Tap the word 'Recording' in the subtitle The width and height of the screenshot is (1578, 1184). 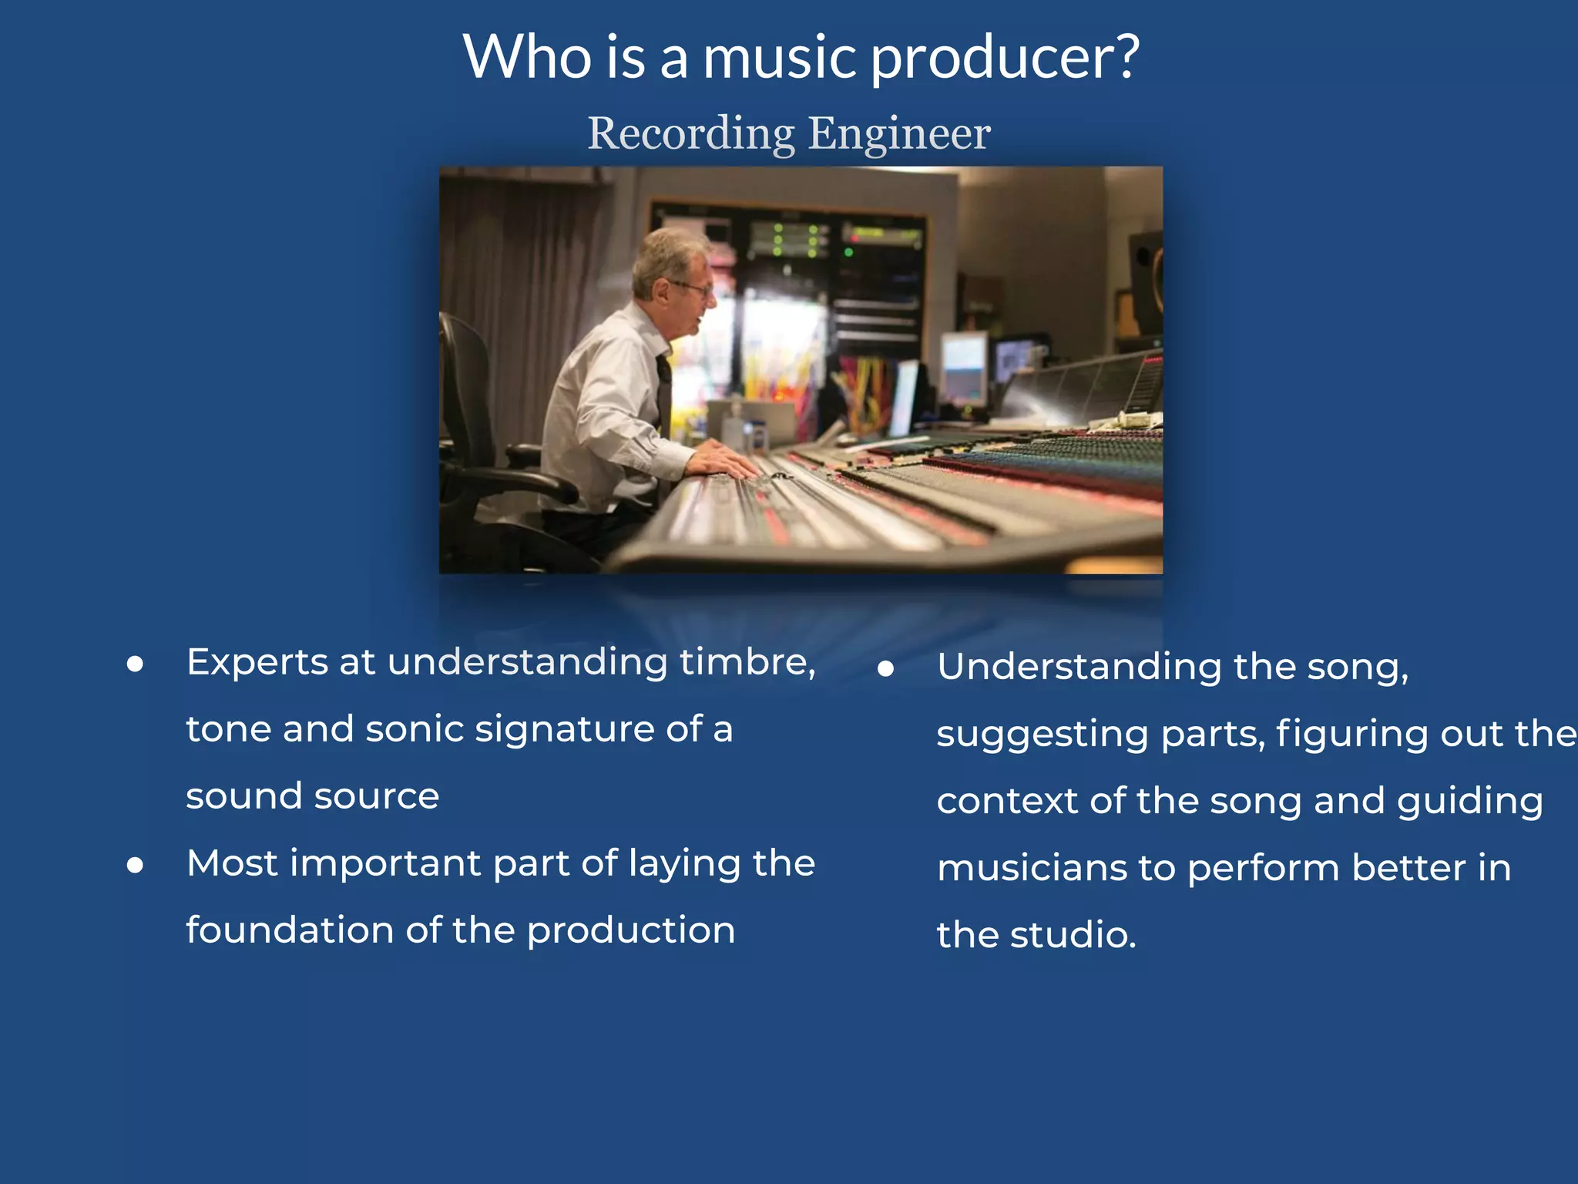pyautogui.click(x=691, y=134)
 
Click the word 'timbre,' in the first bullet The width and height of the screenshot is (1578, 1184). pyautogui.click(x=747, y=661)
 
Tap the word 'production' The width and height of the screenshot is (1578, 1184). pyautogui.click(x=631, y=931)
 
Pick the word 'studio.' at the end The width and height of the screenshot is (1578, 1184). pyautogui.click(x=1073, y=935)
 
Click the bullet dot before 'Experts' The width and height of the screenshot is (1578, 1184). pyautogui.click(x=136, y=664)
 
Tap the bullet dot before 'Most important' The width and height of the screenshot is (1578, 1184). pyautogui.click(x=136, y=865)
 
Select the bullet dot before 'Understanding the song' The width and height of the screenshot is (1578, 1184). pyautogui.click(x=886, y=668)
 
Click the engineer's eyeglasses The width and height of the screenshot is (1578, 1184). pyautogui.click(x=693, y=289)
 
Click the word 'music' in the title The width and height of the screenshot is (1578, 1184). pyautogui.click(x=780, y=59)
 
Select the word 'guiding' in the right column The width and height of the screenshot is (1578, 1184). pyautogui.click(x=1469, y=802)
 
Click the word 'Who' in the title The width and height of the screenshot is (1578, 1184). pyautogui.click(x=527, y=59)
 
